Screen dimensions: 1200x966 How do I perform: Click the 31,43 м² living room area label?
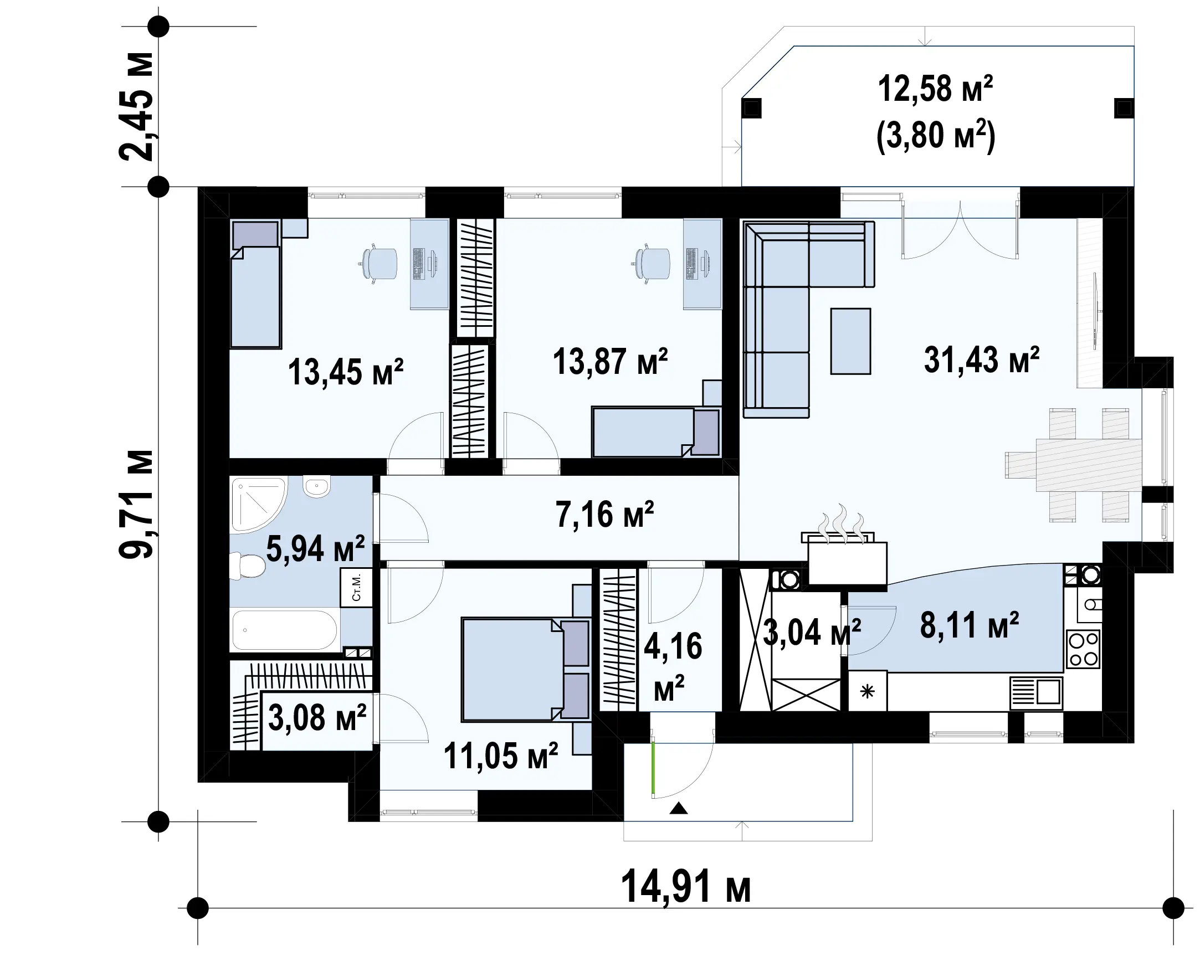[981, 360]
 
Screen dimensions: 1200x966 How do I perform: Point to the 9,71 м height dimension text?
[137, 503]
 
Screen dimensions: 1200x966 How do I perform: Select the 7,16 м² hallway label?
[604, 514]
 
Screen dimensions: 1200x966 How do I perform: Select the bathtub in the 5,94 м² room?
[284, 630]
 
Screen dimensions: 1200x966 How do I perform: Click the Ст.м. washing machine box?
[356, 588]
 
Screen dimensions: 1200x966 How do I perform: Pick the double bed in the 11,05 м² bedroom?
[525, 669]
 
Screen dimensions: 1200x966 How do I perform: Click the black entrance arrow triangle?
[679, 808]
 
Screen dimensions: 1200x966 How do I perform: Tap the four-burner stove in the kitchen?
[1083, 649]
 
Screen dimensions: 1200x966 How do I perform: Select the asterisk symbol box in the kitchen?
[867, 692]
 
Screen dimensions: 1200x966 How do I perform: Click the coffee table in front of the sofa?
[850, 341]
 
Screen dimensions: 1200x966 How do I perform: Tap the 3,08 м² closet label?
[317, 718]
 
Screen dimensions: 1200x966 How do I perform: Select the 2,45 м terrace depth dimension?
[137, 106]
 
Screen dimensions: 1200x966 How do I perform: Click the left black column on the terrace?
[752, 108]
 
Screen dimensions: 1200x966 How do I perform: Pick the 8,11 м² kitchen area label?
[969, 625]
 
